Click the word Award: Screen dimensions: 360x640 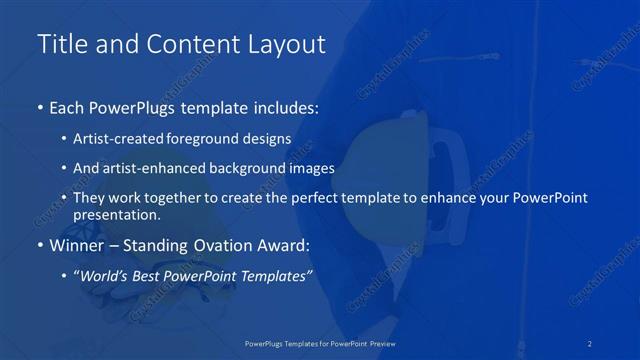(281, 244)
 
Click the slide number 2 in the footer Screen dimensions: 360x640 (591, 343)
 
